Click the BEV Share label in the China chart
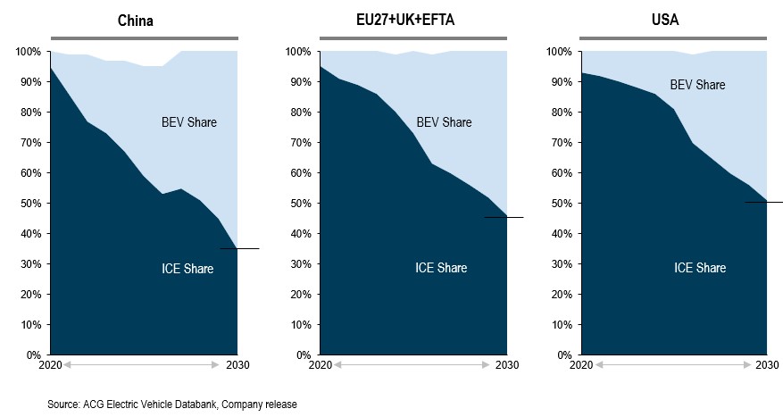tap(187, 122)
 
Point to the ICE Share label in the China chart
tap(187, 268)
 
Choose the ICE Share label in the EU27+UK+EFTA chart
tap(441, 268)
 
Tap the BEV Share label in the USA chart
tap(697, 85)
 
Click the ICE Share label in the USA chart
tap(699, 268)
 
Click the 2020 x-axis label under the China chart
tap(50, 365)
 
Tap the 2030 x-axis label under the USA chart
tap(767, 365)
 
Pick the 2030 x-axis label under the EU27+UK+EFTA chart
tap(506, 365)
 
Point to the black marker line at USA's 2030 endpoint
tap(764, 202)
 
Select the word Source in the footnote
tap(63, 404)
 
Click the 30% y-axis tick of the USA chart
tap(558, 264)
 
